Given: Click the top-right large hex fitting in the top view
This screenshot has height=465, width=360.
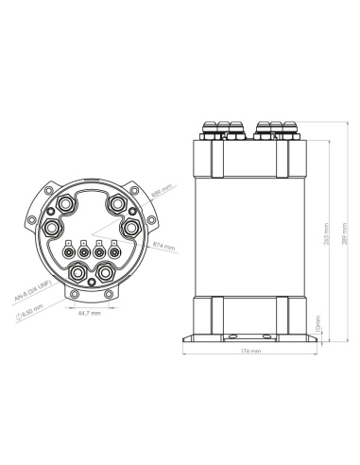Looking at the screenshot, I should (116, 204).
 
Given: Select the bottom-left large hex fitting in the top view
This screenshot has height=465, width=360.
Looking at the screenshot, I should (76, 275).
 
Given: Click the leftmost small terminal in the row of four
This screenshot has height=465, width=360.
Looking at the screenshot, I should (69, 251).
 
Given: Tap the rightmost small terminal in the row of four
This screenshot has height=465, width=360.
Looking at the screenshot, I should (114, 251).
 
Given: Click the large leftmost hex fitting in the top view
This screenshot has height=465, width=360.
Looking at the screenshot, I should (51, 229).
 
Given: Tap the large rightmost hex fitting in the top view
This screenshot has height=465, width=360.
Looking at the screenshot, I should (131, 229).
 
